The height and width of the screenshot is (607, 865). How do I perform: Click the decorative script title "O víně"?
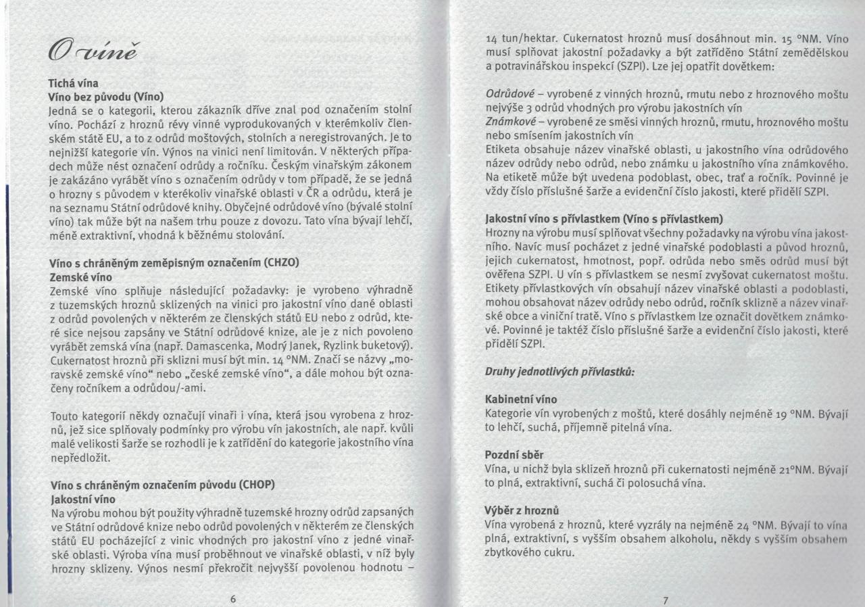click(87, 51)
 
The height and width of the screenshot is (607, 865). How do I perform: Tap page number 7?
click(665, 600)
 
